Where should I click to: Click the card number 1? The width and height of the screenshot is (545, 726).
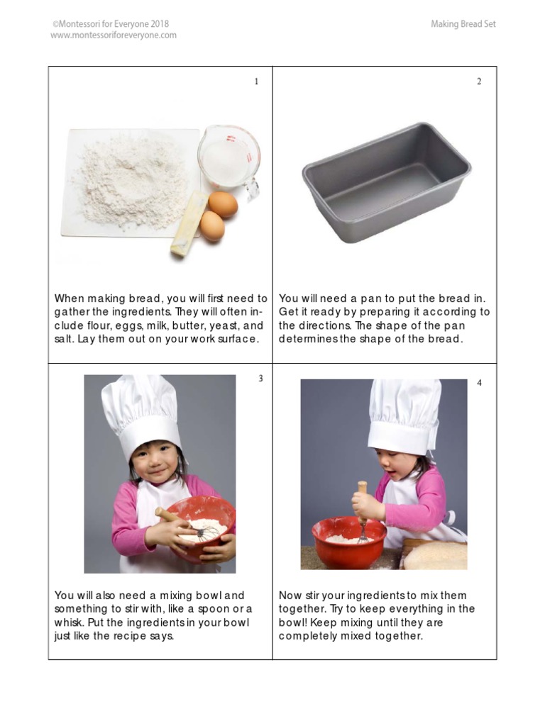pos(257,82)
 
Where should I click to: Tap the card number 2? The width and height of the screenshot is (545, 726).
pos(479,82)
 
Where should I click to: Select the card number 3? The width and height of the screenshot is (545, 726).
pos(260,379)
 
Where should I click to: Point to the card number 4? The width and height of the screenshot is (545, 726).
pos(479,383)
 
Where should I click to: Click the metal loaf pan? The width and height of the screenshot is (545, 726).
pos(386,183)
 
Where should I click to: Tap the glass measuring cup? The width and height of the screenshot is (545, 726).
pos(229,160)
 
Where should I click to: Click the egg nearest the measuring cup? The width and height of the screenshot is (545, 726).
pos(223,203)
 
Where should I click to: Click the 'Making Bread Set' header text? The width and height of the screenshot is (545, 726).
pos(463,24)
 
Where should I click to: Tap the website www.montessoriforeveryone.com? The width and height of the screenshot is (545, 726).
pos(114,35)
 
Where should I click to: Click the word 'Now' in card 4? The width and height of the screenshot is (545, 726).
pos(290,596)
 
